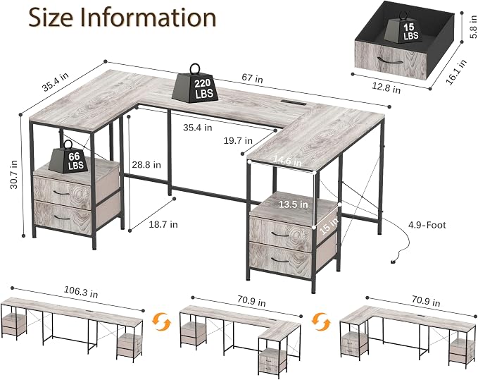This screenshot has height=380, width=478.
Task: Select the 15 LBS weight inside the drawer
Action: point(403,28)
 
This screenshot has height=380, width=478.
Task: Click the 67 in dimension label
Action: point(252,78)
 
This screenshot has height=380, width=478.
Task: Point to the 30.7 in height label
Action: point(13,175)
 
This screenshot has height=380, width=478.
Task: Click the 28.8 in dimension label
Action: point(146,165)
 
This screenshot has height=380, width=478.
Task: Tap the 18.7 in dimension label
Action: point(163,225)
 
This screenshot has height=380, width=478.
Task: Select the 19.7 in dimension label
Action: point(238,141)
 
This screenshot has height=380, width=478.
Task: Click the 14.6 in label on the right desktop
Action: point(287,161)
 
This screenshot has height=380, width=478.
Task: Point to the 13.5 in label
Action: point(294,204)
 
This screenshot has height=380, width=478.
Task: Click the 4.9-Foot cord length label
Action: point(427,226)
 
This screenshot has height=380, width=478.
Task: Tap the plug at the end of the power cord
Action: point(394,261)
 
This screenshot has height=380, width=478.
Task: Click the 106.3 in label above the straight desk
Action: point(81,292)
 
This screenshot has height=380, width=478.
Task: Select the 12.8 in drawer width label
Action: point(386,88)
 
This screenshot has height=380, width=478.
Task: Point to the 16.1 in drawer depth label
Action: point(456,72)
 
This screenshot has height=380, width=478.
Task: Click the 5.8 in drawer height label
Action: point(473,27)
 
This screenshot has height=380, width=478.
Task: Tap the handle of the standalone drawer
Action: point(390,60)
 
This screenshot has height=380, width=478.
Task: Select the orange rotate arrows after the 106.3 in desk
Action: point(162,322)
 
